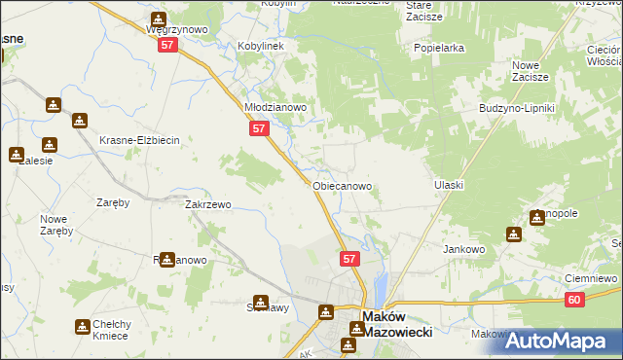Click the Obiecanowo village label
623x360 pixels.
tap(342, 185)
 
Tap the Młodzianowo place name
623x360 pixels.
tap(275, 108)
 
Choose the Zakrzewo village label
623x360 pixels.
tap(207, 205)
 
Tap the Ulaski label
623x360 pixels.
tap(449, 185)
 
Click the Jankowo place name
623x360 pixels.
tap(464, 249)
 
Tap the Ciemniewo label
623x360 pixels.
tap(592, 278)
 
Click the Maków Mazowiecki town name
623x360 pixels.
tap(396, 323)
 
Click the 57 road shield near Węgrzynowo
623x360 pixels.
tap(167, 46)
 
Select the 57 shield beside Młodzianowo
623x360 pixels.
tap(258, 128)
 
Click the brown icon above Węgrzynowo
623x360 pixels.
tap(159, 18)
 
